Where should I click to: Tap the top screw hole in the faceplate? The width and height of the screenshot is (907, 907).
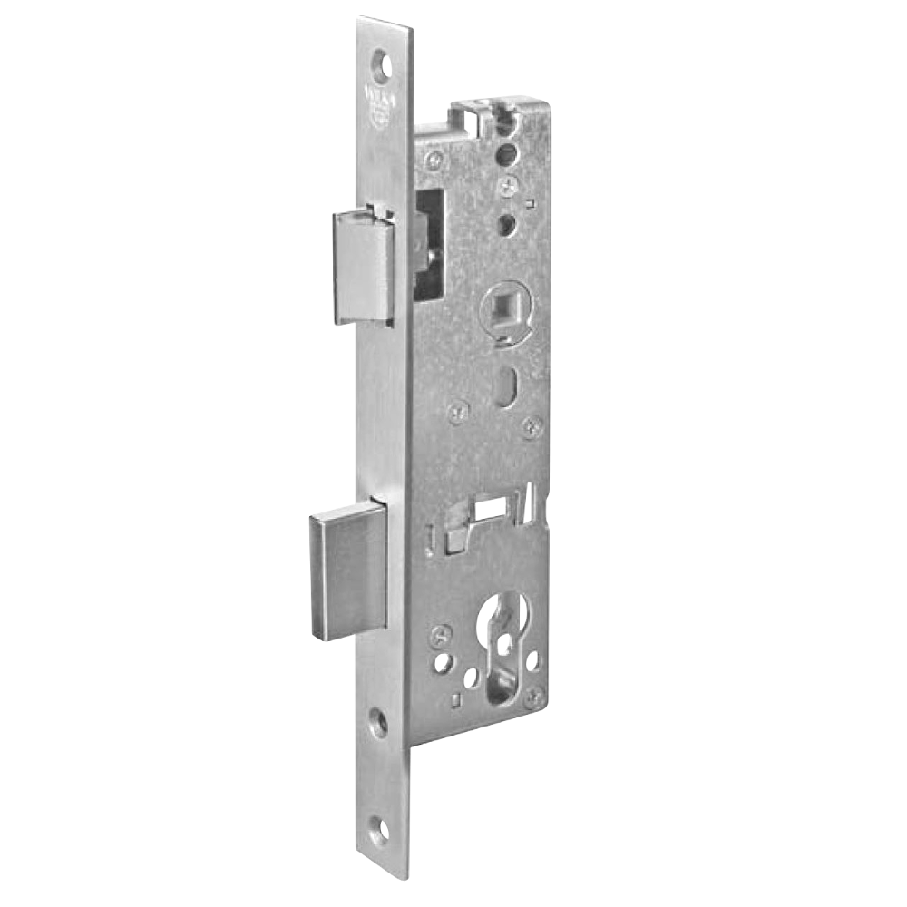[387, 66]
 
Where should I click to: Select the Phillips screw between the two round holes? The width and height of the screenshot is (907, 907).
[506, 186]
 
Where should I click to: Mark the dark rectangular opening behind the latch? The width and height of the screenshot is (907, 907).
[430, 240]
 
